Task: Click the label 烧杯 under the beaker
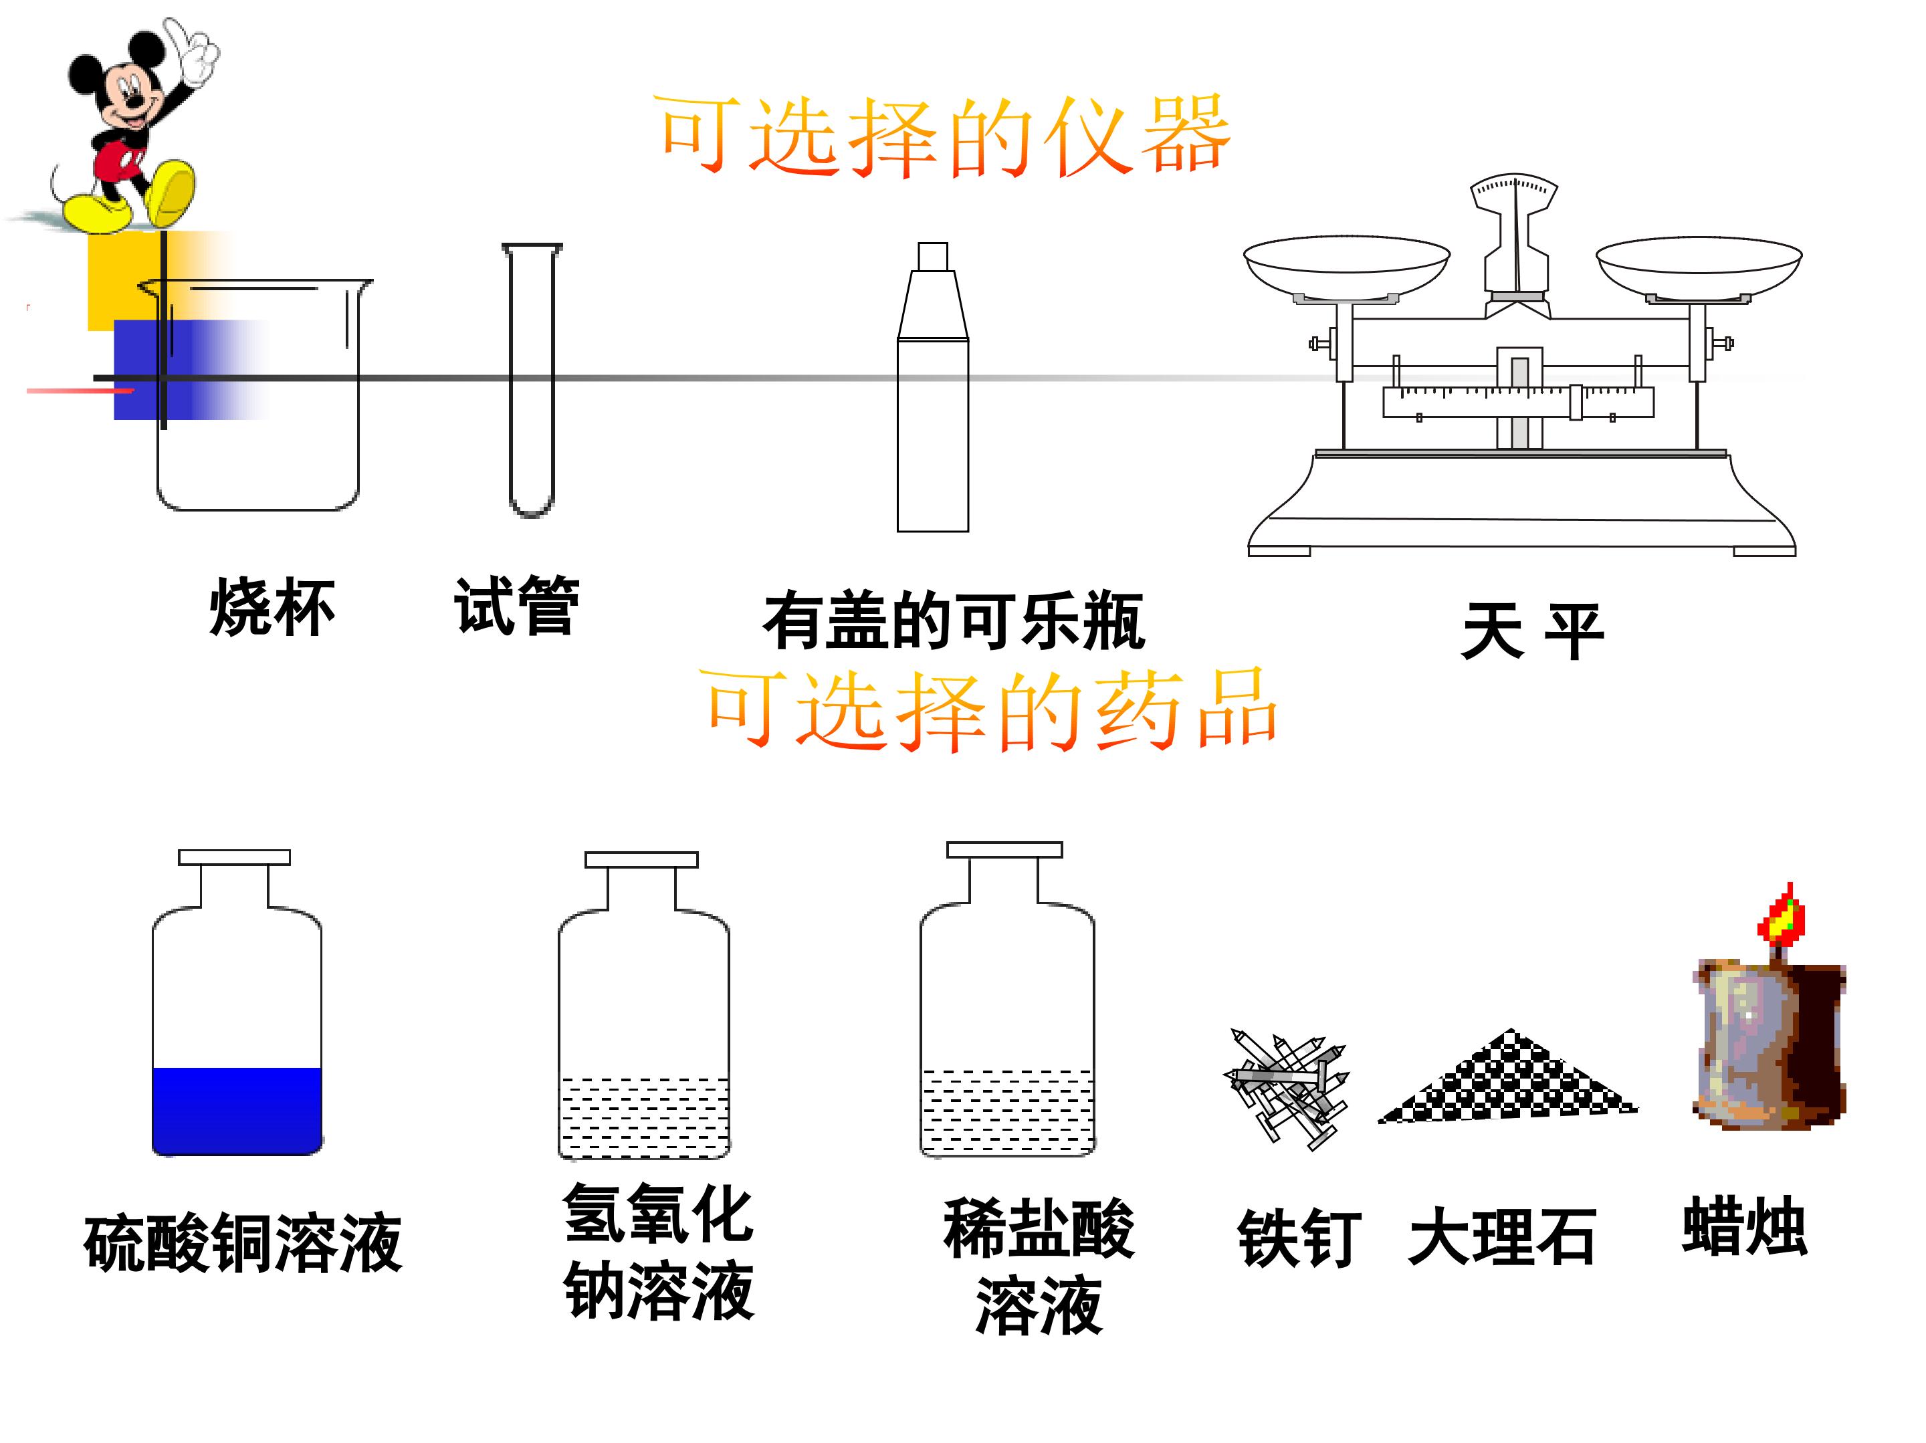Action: coord(272,607)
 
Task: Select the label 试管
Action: coord(516,605)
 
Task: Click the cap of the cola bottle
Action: coord(932,256)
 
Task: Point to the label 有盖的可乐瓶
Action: coord(954,621)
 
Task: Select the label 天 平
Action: coord(1533,631)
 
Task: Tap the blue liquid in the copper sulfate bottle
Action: coord(237,1111)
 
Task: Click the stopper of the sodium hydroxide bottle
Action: coord(642,859)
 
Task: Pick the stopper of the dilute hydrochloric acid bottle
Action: coord(1004,850)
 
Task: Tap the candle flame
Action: coord(1782,917)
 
